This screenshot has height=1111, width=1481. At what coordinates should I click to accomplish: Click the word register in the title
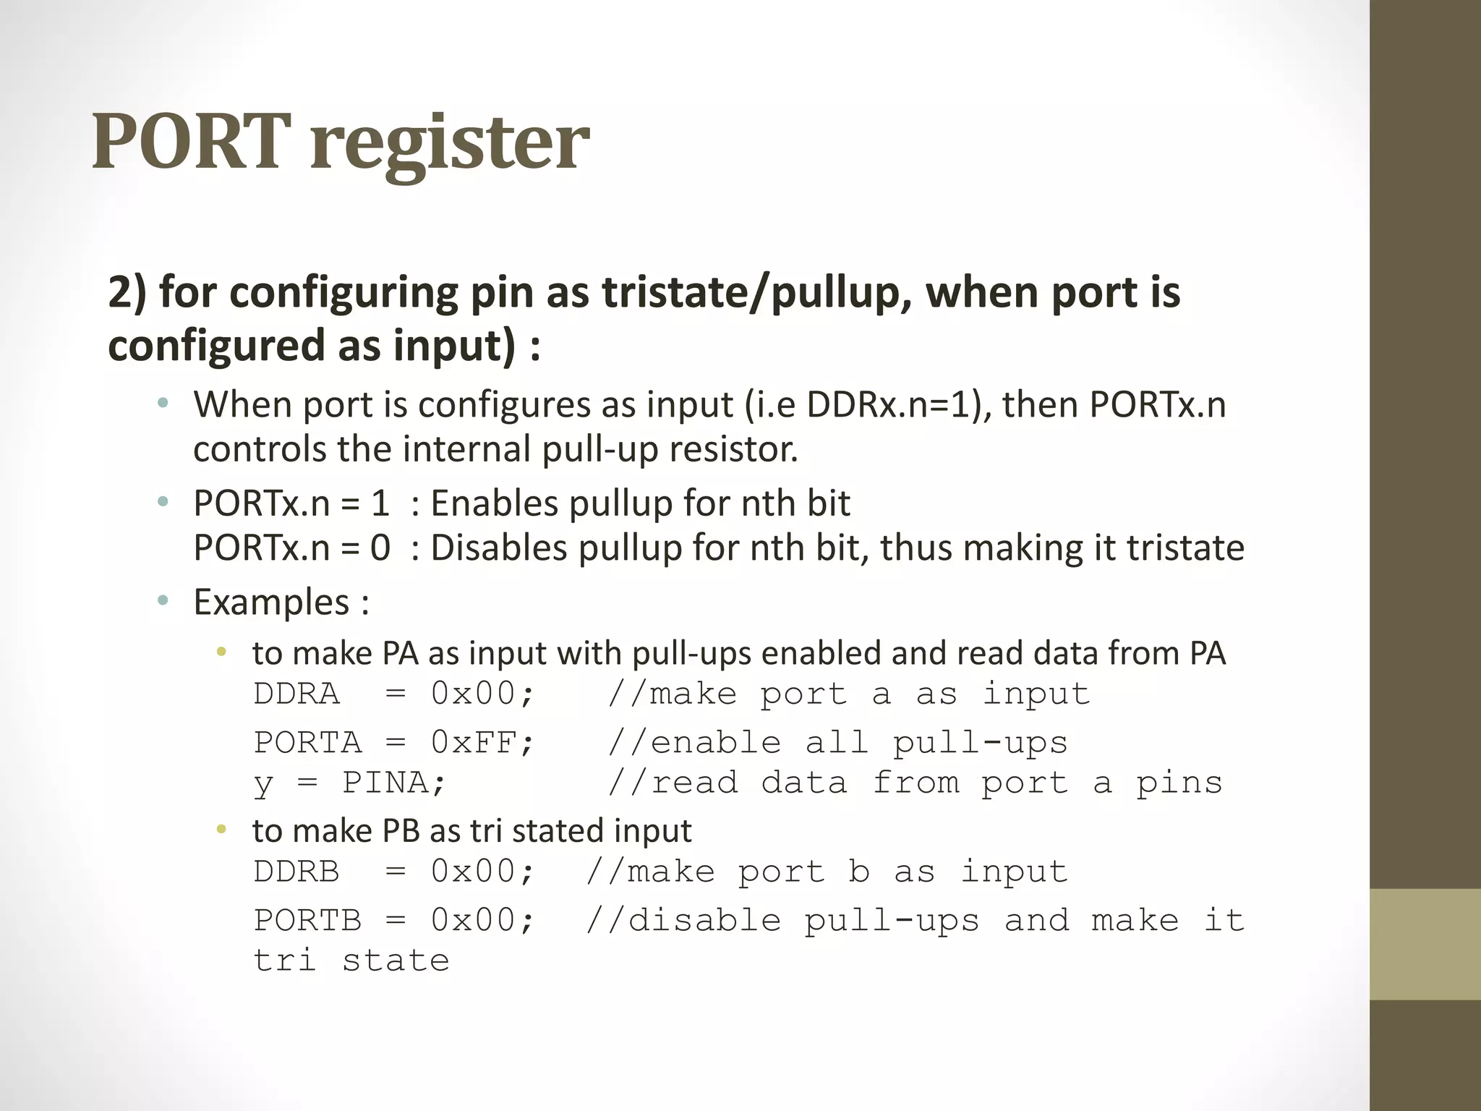point(450,145)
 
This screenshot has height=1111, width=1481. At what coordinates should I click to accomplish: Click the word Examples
point(272,603)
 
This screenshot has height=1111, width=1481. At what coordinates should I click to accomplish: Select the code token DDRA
point(296,694)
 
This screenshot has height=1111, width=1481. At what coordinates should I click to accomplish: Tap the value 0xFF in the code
point(482,744)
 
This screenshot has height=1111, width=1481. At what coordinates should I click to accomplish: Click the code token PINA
point(393,783)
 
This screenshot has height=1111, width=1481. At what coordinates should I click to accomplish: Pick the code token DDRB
point(296,872)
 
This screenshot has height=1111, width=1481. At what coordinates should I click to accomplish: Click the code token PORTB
point(307,921)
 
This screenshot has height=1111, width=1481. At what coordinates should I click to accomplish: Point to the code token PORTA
point(307,744)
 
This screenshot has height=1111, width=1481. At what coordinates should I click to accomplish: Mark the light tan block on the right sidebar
point(1425,944)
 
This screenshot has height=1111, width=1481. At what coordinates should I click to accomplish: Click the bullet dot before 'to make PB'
point(221,830)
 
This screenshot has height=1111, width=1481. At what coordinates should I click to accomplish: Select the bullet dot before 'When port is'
point(163,403)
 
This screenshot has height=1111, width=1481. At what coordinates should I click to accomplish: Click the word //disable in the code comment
point(683,921)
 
